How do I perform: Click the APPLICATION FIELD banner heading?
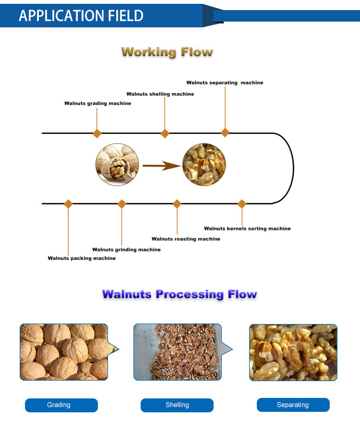(81, 15)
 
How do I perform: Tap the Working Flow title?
(167, 52)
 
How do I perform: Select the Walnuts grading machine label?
(97, 103)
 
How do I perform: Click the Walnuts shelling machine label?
(160, 94)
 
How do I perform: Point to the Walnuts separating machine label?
(225, 83)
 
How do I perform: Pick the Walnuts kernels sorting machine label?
(247, 228)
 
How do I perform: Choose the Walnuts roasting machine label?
(186, 239)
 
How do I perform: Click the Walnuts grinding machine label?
(126, 250)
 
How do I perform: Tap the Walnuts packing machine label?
(82, 258)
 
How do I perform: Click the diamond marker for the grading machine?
(97, 133)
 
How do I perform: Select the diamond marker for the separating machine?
(225, 132)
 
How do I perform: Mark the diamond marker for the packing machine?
(68, 204)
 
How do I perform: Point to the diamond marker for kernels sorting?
(242, 204)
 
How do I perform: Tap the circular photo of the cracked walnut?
(117, 165)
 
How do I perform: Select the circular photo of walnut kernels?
(204, 165)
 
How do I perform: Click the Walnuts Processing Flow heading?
(180, 294)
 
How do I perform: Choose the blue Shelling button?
(177, 405)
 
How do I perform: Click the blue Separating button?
(293, 405)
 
